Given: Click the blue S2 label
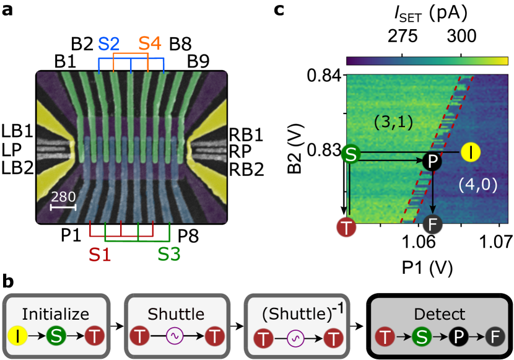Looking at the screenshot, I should point(109,44).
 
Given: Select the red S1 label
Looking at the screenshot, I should point(100,255).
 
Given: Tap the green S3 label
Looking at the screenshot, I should point(168,254).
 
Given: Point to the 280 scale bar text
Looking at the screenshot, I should point(63,197).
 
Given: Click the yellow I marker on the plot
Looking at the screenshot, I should point(471,151).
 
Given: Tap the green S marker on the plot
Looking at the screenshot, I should point(351,154).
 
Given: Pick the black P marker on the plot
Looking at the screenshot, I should point(432,162).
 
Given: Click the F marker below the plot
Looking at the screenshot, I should point(432,224).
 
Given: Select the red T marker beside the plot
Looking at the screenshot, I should point(346,227).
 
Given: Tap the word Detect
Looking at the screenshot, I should point(439,314).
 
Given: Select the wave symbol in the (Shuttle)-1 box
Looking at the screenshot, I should point(295,339).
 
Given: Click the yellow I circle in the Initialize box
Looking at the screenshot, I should point(18,337).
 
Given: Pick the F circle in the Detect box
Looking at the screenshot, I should point(495,337).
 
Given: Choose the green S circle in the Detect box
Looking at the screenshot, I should point(421,337).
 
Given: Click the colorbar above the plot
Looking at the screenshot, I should point(427,61).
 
